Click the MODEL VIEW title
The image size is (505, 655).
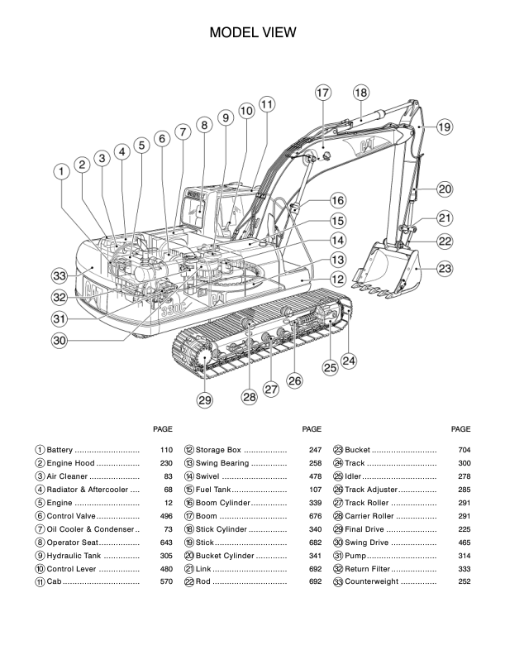point(252,32)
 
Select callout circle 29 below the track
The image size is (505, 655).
point(205,399)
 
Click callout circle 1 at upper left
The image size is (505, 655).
point(61,171)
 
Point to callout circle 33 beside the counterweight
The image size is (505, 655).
point(60,275)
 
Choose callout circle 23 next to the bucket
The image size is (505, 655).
point(445,268)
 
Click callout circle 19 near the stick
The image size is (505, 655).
point(445,127)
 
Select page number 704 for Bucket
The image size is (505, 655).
point(464,450)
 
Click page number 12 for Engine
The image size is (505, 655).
point(169,503)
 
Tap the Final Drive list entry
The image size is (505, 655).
point(372,529)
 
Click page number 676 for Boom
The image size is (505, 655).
point(315,516)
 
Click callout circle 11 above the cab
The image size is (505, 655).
point(265,105)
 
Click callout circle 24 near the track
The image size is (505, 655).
point(350,360)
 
